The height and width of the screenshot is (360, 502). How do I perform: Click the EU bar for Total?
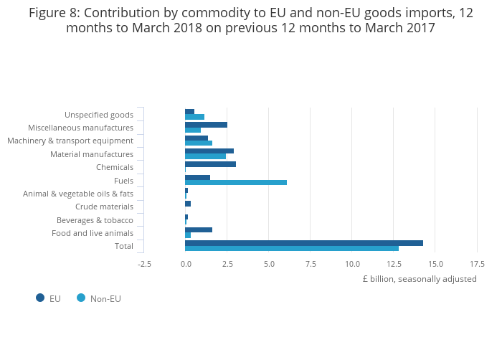(303, 243)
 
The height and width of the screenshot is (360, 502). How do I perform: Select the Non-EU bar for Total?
(291, 249)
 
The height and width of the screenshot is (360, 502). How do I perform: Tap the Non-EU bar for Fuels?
(235, 183)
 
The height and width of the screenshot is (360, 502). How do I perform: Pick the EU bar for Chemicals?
(210, 164)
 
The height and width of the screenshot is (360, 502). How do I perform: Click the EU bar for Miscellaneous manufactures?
(206, 125)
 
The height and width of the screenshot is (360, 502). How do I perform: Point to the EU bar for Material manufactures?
(209, 151)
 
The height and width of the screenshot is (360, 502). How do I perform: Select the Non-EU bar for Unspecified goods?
(194, 117)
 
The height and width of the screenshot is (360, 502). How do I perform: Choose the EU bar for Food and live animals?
(198, 229)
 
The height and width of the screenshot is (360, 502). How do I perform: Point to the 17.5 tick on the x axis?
(477, 264)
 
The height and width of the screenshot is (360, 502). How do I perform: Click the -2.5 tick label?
(144, 264)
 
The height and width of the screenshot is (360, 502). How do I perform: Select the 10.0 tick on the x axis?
(352, 264)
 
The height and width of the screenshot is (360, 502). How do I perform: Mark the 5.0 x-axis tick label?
(269, 264)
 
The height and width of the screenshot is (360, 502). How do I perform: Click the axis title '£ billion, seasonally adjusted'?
(419, 279)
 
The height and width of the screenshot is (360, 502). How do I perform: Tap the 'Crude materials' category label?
(104, 207)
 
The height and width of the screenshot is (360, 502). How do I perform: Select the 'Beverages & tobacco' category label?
(95, 220)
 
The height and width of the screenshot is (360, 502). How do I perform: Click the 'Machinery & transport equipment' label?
(70, 141)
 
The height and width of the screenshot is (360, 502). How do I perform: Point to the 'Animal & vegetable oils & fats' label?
(78, 194)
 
